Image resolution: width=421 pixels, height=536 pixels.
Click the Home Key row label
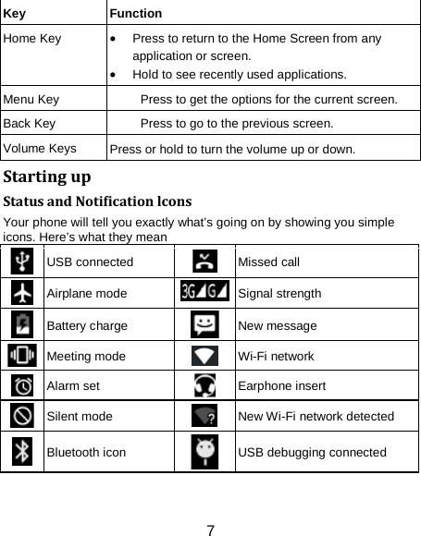(x=32, y=39)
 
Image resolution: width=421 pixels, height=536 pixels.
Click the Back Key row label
(x=30, y=122)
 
